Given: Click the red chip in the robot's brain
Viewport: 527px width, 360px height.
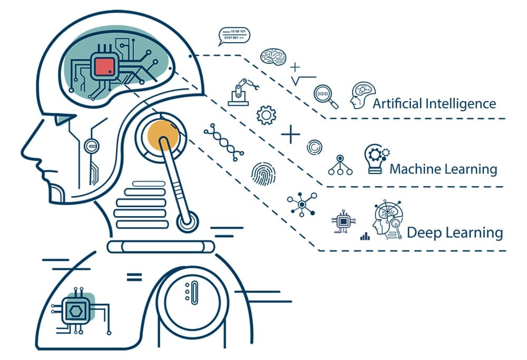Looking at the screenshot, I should (105, 67).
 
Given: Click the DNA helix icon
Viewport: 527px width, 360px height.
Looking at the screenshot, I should (224, 141).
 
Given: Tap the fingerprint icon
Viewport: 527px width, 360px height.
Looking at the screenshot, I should (263, 173).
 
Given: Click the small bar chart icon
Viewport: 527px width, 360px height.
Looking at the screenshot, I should (365, 237).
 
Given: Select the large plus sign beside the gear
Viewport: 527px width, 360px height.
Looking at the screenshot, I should (290, 134).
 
